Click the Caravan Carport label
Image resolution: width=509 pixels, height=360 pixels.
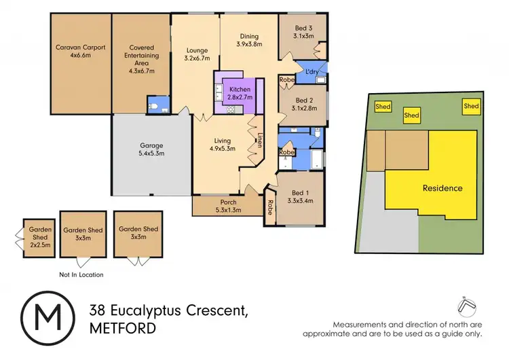81,52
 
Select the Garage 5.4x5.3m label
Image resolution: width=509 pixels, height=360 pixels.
152,149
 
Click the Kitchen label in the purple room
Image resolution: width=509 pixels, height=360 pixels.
240,94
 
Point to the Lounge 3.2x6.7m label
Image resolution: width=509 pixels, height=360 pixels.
197,54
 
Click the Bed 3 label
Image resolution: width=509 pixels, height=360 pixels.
303,31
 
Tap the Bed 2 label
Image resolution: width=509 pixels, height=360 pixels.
303,103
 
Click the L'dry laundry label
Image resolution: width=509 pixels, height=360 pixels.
312,71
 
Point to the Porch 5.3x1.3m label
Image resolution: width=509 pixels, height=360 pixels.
227,205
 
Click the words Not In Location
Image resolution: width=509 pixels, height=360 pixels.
81,274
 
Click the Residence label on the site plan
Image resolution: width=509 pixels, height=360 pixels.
442,188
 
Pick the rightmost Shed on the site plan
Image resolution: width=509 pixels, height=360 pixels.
471,105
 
